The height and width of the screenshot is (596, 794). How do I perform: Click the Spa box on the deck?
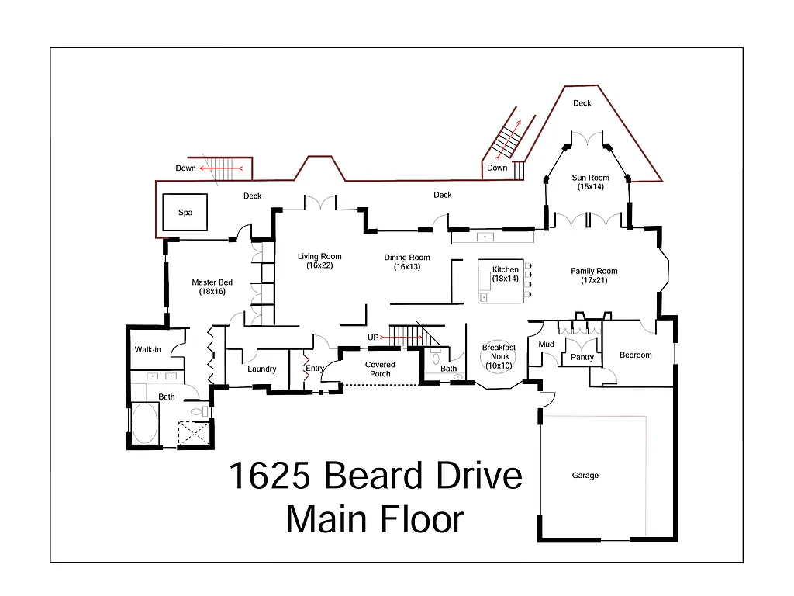click(185, 212)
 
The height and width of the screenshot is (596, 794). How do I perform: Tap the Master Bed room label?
click(212, 287)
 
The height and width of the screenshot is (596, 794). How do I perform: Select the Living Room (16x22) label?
click(319, 261)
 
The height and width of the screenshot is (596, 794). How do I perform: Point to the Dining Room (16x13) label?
click(407, 262)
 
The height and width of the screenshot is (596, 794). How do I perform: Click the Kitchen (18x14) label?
click(506, 274)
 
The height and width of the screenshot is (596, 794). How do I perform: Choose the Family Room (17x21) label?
click(594, 275)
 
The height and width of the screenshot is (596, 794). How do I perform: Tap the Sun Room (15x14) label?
click(591, 182)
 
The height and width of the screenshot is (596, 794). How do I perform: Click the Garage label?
click(585, 476)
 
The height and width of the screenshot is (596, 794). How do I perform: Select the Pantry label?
click(582, 358)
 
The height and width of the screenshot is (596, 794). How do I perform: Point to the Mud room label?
click(546, 344)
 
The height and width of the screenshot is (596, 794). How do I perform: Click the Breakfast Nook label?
click(499, 356)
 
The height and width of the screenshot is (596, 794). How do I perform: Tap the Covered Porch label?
click(380, 369)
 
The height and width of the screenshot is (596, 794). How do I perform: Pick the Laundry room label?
click(262, 369)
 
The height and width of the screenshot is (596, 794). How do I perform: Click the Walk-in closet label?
click(147, 350)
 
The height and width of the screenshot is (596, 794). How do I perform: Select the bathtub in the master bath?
click(144, 424)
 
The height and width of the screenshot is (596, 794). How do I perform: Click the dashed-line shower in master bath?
click(194, 432)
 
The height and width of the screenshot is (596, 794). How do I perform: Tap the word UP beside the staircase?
click(374, 338)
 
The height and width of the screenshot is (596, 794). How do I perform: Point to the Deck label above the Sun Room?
click(582, 103)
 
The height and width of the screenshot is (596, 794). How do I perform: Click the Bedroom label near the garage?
click(635, 355)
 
